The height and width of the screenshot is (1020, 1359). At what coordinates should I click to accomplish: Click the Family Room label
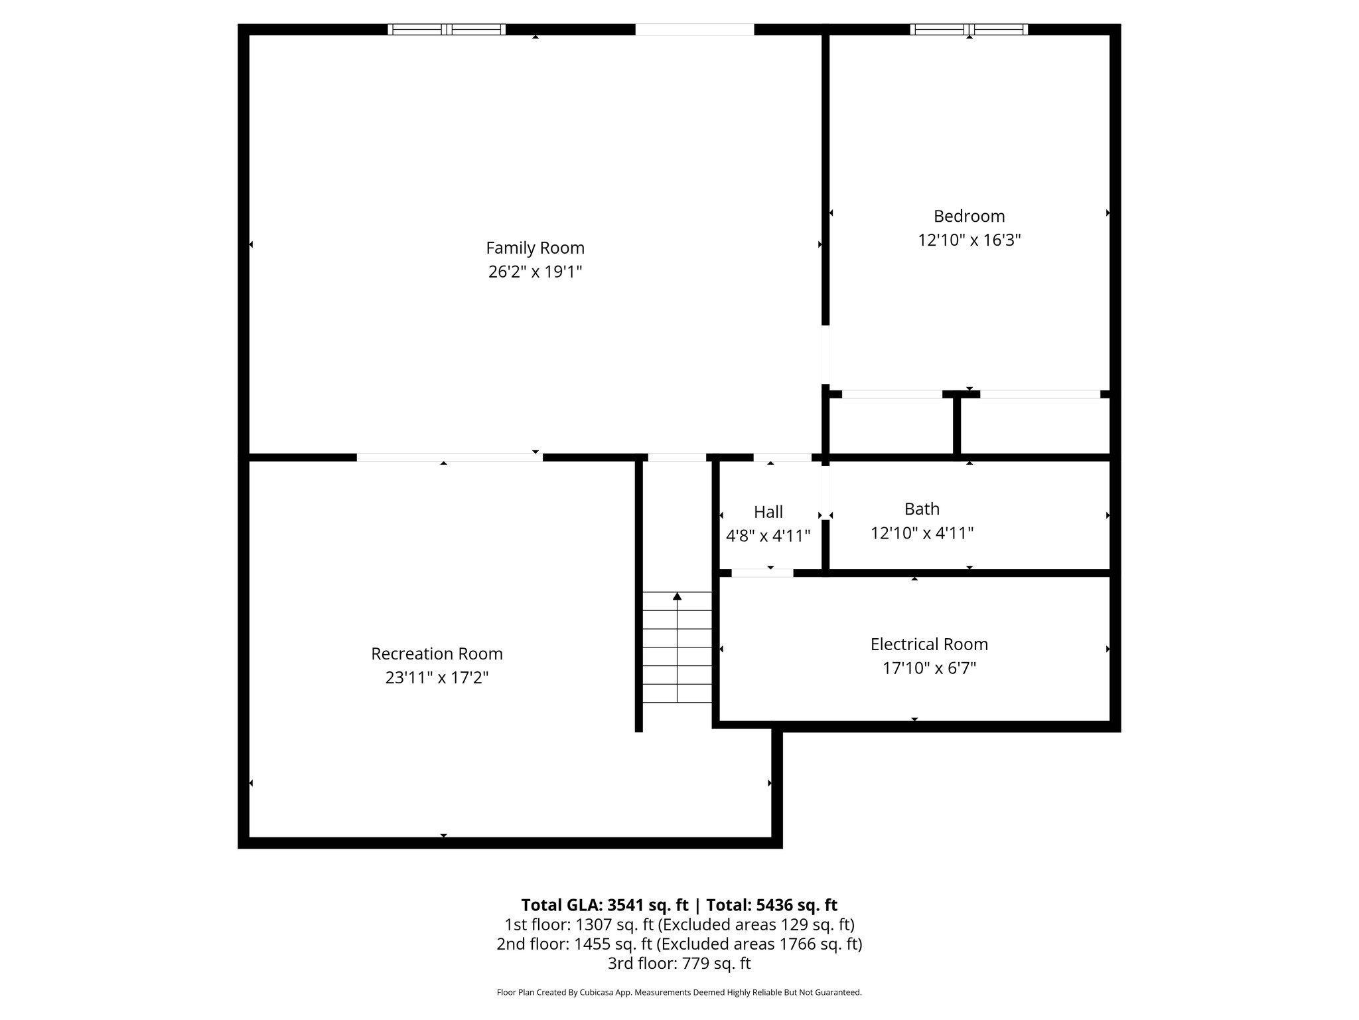pyautogui.click(x=535, y=248)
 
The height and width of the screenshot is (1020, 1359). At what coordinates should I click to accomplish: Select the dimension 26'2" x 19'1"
pyautogui.click(x=535, y=272)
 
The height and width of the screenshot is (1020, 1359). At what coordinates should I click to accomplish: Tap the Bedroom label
pyautogui.click(x=969, y=216)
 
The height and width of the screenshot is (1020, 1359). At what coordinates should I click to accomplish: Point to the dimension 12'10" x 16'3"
pyautogui.click(x=969, y=240)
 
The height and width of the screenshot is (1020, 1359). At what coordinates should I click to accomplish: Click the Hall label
pyautogui.click(x=768, y=512)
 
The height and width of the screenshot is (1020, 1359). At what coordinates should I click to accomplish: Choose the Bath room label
pyautogui.click(x=922, y=509)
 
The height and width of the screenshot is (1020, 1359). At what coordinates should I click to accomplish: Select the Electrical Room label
pyautogui.click(x=929, y=644)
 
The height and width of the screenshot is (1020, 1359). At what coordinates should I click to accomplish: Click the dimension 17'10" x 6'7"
pyautogui.click(x=929, y=668)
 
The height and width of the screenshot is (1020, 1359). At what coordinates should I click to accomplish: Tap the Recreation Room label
pyautogui.click(x=437, y=653)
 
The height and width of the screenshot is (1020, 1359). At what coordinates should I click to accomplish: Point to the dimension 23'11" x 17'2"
pyautogui.click(x=437, y=677)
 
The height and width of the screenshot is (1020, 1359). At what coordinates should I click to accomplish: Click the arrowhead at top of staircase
pyautogui.click(x=677, y=596)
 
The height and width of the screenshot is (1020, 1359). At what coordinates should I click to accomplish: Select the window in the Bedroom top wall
pyautogui.click(x=969, y=29)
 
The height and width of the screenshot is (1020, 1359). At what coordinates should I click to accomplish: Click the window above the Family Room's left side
pyautogui.click(x=447, y=29)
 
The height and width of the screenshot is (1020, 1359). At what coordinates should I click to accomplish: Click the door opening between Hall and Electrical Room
pyautogui.click(x=762, y=572)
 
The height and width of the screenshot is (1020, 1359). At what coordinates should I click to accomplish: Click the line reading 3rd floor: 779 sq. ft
pyautogui.click(x=679, y=963)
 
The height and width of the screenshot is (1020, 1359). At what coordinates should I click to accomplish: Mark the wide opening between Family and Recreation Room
pyautogui.click(x=449, y=457)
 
